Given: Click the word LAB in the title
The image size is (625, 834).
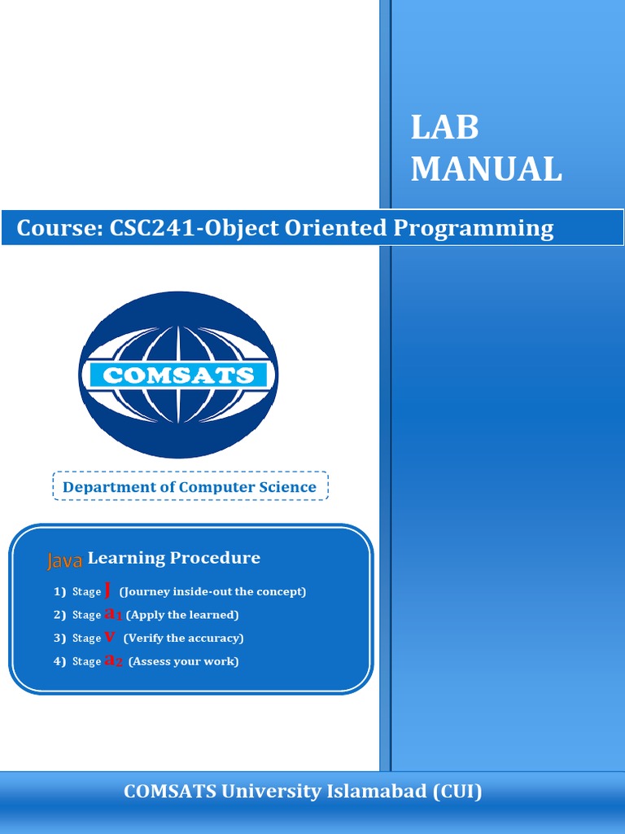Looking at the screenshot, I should click(444, 129).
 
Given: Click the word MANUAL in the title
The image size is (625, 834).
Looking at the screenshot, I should click(486, 169).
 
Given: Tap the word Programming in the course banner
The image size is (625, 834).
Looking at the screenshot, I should click(474, 229).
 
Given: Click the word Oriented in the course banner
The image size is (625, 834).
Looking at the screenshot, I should click(336, 228).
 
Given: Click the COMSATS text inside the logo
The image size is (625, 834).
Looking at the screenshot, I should click(178, 375).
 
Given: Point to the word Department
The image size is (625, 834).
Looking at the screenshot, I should click(108, 487).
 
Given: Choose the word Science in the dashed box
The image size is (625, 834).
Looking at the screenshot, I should click(284, 487).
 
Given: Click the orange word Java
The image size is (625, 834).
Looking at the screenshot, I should click(64, 560).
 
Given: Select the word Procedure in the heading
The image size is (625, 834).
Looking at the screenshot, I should click(215, 558).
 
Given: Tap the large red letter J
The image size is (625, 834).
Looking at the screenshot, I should click(108, 590).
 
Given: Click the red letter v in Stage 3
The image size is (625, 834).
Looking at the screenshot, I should click(109, 638).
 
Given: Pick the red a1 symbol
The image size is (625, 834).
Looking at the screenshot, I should click(113, 615).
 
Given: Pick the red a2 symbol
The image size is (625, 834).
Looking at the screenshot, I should click(114, 661).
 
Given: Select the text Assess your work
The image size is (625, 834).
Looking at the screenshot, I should click(184, 661).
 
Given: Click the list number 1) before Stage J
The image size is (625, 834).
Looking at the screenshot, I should click(59, 592).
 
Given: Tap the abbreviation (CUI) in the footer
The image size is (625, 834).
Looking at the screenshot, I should click(457, 791).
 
